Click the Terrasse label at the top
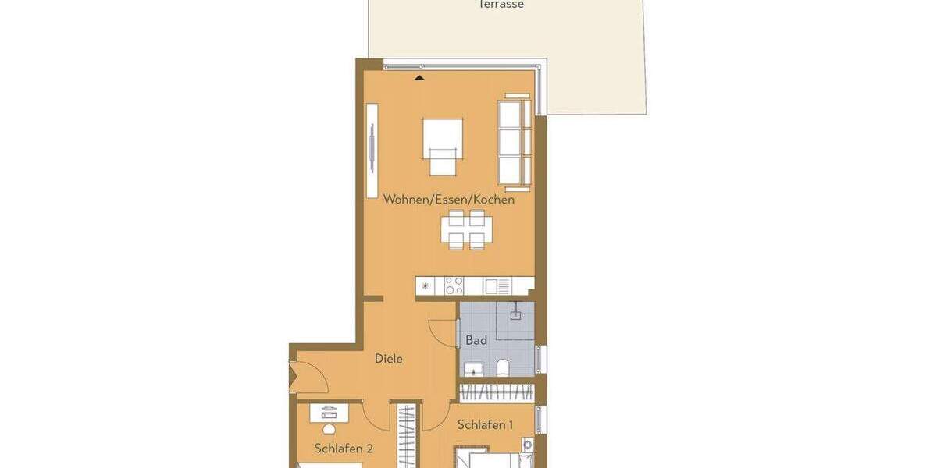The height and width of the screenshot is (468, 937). click(501, 5)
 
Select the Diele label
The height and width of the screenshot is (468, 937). click(389, 359)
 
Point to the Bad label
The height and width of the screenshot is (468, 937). click(476, 340)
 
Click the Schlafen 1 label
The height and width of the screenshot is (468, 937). click(485, 425)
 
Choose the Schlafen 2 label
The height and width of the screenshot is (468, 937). click(344, 448)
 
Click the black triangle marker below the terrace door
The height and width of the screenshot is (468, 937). click(419, 77)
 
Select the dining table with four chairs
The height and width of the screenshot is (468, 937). click(467, 230)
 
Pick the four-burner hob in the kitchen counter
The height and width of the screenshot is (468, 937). click(454, 286)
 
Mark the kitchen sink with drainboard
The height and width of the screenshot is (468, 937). click(497, 286)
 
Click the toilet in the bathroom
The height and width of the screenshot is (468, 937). click(504, 367)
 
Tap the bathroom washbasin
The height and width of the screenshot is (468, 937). click(473, 369)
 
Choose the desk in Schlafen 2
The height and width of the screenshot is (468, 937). click(329, 413)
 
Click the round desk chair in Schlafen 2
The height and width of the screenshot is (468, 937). click(329, 429)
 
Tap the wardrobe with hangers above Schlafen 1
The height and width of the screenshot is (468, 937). click(497, 392)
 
